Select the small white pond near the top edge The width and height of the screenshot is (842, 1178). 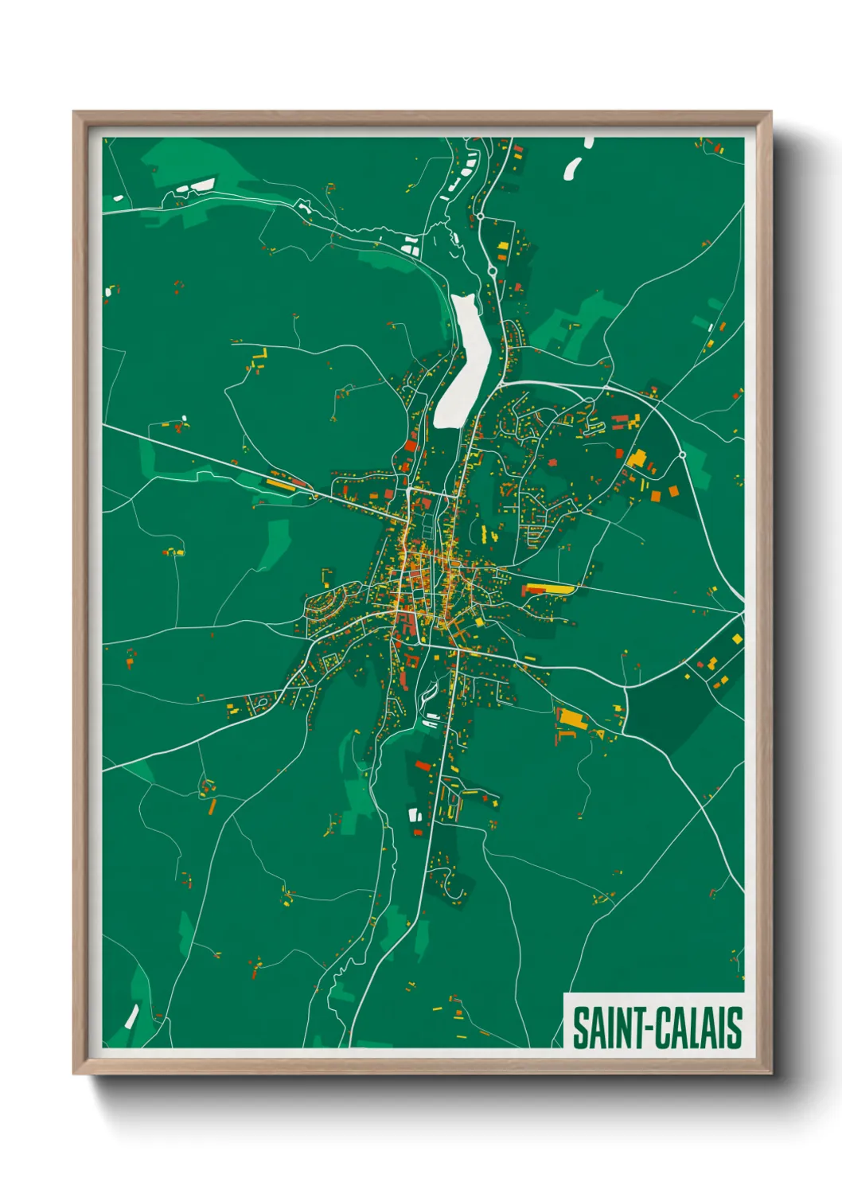[x=572, y=168]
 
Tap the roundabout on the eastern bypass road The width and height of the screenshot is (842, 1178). [x=682, y=454]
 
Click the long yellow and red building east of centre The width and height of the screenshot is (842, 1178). [x=548, y=589]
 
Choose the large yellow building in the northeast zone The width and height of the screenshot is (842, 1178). [x=637, y=458]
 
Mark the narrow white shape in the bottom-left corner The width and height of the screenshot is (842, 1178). [x=131, y=1016]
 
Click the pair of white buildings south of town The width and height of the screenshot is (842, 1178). [x=415, y=814]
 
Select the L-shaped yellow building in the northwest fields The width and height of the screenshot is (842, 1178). [x=259, y=356]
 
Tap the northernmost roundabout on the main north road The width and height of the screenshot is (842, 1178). [x=480, y=216]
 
